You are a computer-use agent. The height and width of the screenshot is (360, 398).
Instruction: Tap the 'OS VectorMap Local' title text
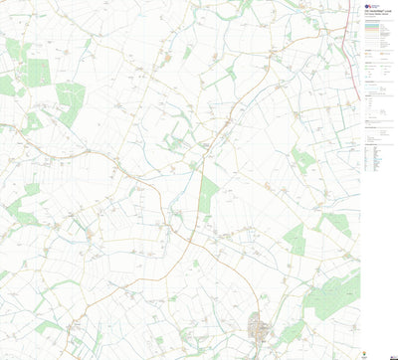(375, 12)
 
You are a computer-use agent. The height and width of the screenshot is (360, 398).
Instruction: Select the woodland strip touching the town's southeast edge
(291, 332)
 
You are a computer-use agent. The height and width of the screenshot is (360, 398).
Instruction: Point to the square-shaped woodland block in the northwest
(38, 72)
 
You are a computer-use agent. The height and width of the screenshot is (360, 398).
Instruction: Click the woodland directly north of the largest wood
(335, 225)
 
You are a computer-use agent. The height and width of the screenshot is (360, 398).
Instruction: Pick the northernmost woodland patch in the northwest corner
(14, 48)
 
